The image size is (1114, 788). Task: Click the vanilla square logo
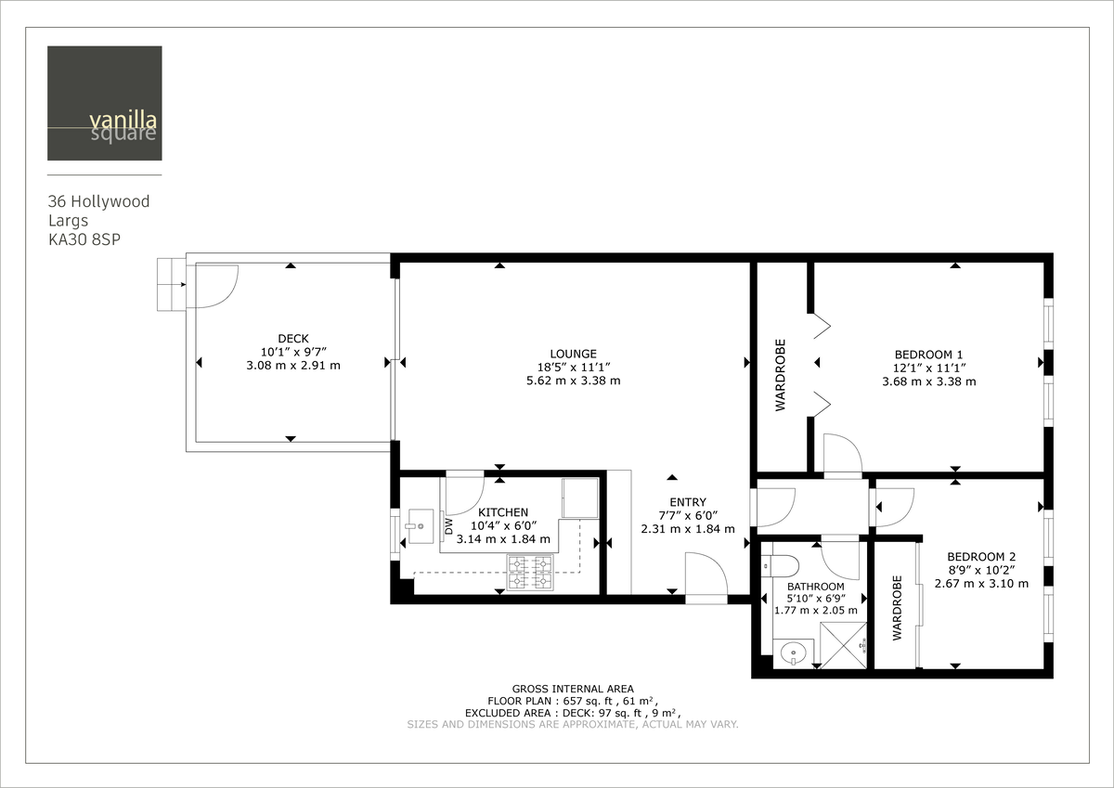pos(105,103)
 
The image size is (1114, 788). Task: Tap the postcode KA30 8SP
pos(85,239)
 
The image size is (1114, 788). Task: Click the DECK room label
pos(292,339)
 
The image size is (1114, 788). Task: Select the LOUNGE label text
pos(573,354)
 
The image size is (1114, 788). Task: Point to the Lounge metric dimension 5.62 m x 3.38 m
pos(573,381)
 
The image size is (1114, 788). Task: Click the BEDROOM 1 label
pos(928,355)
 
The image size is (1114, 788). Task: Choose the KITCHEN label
pos(503,512)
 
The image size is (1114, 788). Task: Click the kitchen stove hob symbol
pos(529,572)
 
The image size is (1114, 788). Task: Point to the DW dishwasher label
pos(448,527)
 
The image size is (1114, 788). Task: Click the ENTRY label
pos(687,502)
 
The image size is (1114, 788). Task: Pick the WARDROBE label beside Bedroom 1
pos(781,375)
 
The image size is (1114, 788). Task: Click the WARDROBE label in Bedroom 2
pos(898,608)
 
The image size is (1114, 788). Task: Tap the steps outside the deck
pos(171,284)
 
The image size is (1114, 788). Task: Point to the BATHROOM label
pos(815,587)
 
